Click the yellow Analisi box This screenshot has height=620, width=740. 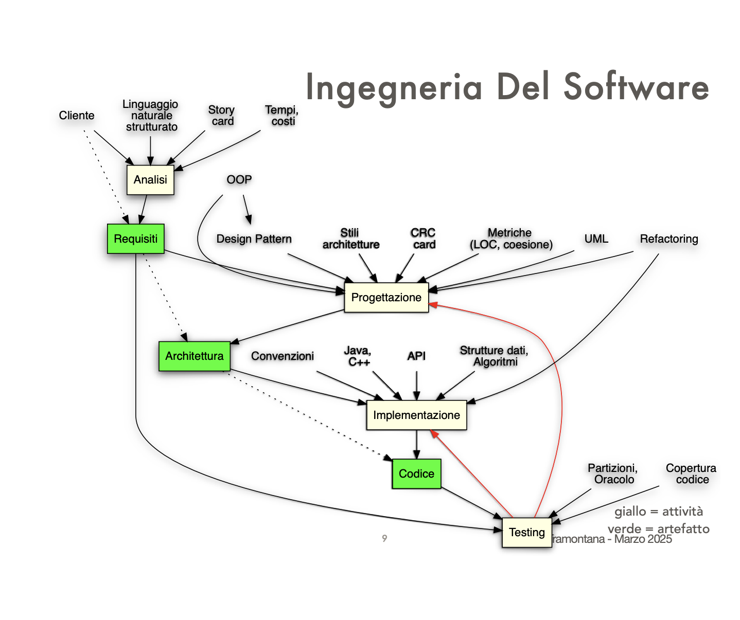150,180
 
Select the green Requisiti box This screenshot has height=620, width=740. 136,239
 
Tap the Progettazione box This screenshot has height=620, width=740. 386,298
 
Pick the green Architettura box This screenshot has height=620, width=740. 195,356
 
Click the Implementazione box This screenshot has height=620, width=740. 416,415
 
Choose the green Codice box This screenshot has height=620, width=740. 416,474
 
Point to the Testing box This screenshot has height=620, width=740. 526,533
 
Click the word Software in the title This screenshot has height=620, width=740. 636,87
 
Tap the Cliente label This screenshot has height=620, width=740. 77,116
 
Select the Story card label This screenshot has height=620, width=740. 222,116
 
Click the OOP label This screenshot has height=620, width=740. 239,180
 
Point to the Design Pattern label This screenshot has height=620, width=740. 254,239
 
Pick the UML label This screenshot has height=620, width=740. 596,239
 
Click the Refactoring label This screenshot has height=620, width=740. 668,239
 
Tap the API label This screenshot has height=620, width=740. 416,356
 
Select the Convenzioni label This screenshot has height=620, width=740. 283,356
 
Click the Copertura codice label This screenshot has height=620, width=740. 691,474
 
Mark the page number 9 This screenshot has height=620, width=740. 384,538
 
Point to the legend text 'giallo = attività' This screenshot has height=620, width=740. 658,512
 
